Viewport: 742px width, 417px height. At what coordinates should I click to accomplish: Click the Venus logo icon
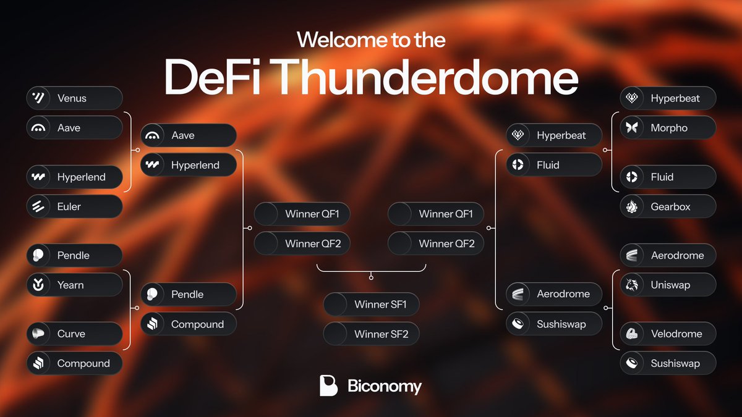point(39,98)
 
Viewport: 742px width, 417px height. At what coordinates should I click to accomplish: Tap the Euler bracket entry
point(74,206)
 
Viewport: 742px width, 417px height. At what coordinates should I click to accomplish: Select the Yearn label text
point(70,285)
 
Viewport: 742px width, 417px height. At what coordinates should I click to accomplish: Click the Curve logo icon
point(39,334)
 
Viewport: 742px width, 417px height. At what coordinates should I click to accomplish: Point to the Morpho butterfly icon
point(632,128)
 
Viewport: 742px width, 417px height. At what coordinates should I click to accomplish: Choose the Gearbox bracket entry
point(668,206)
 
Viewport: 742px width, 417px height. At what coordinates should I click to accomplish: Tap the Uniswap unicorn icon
point(632,285)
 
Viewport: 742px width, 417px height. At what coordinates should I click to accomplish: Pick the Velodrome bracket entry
point(668,334)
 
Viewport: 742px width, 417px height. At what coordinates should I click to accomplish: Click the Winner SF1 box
point(371,304)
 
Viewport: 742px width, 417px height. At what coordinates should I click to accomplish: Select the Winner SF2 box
point(371,334)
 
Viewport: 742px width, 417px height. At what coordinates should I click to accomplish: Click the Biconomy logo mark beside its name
point(328,385)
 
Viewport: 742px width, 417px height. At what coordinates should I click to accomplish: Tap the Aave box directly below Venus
point(74,128)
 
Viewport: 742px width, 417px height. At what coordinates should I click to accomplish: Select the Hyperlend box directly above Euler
point(74,177)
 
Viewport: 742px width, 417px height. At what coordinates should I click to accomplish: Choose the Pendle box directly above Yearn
point(74,255)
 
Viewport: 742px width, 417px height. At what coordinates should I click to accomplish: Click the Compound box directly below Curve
point(74,363)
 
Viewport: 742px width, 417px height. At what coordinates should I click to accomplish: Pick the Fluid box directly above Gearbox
point(668,177)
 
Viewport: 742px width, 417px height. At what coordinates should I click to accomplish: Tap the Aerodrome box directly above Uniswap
point(668,255)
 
